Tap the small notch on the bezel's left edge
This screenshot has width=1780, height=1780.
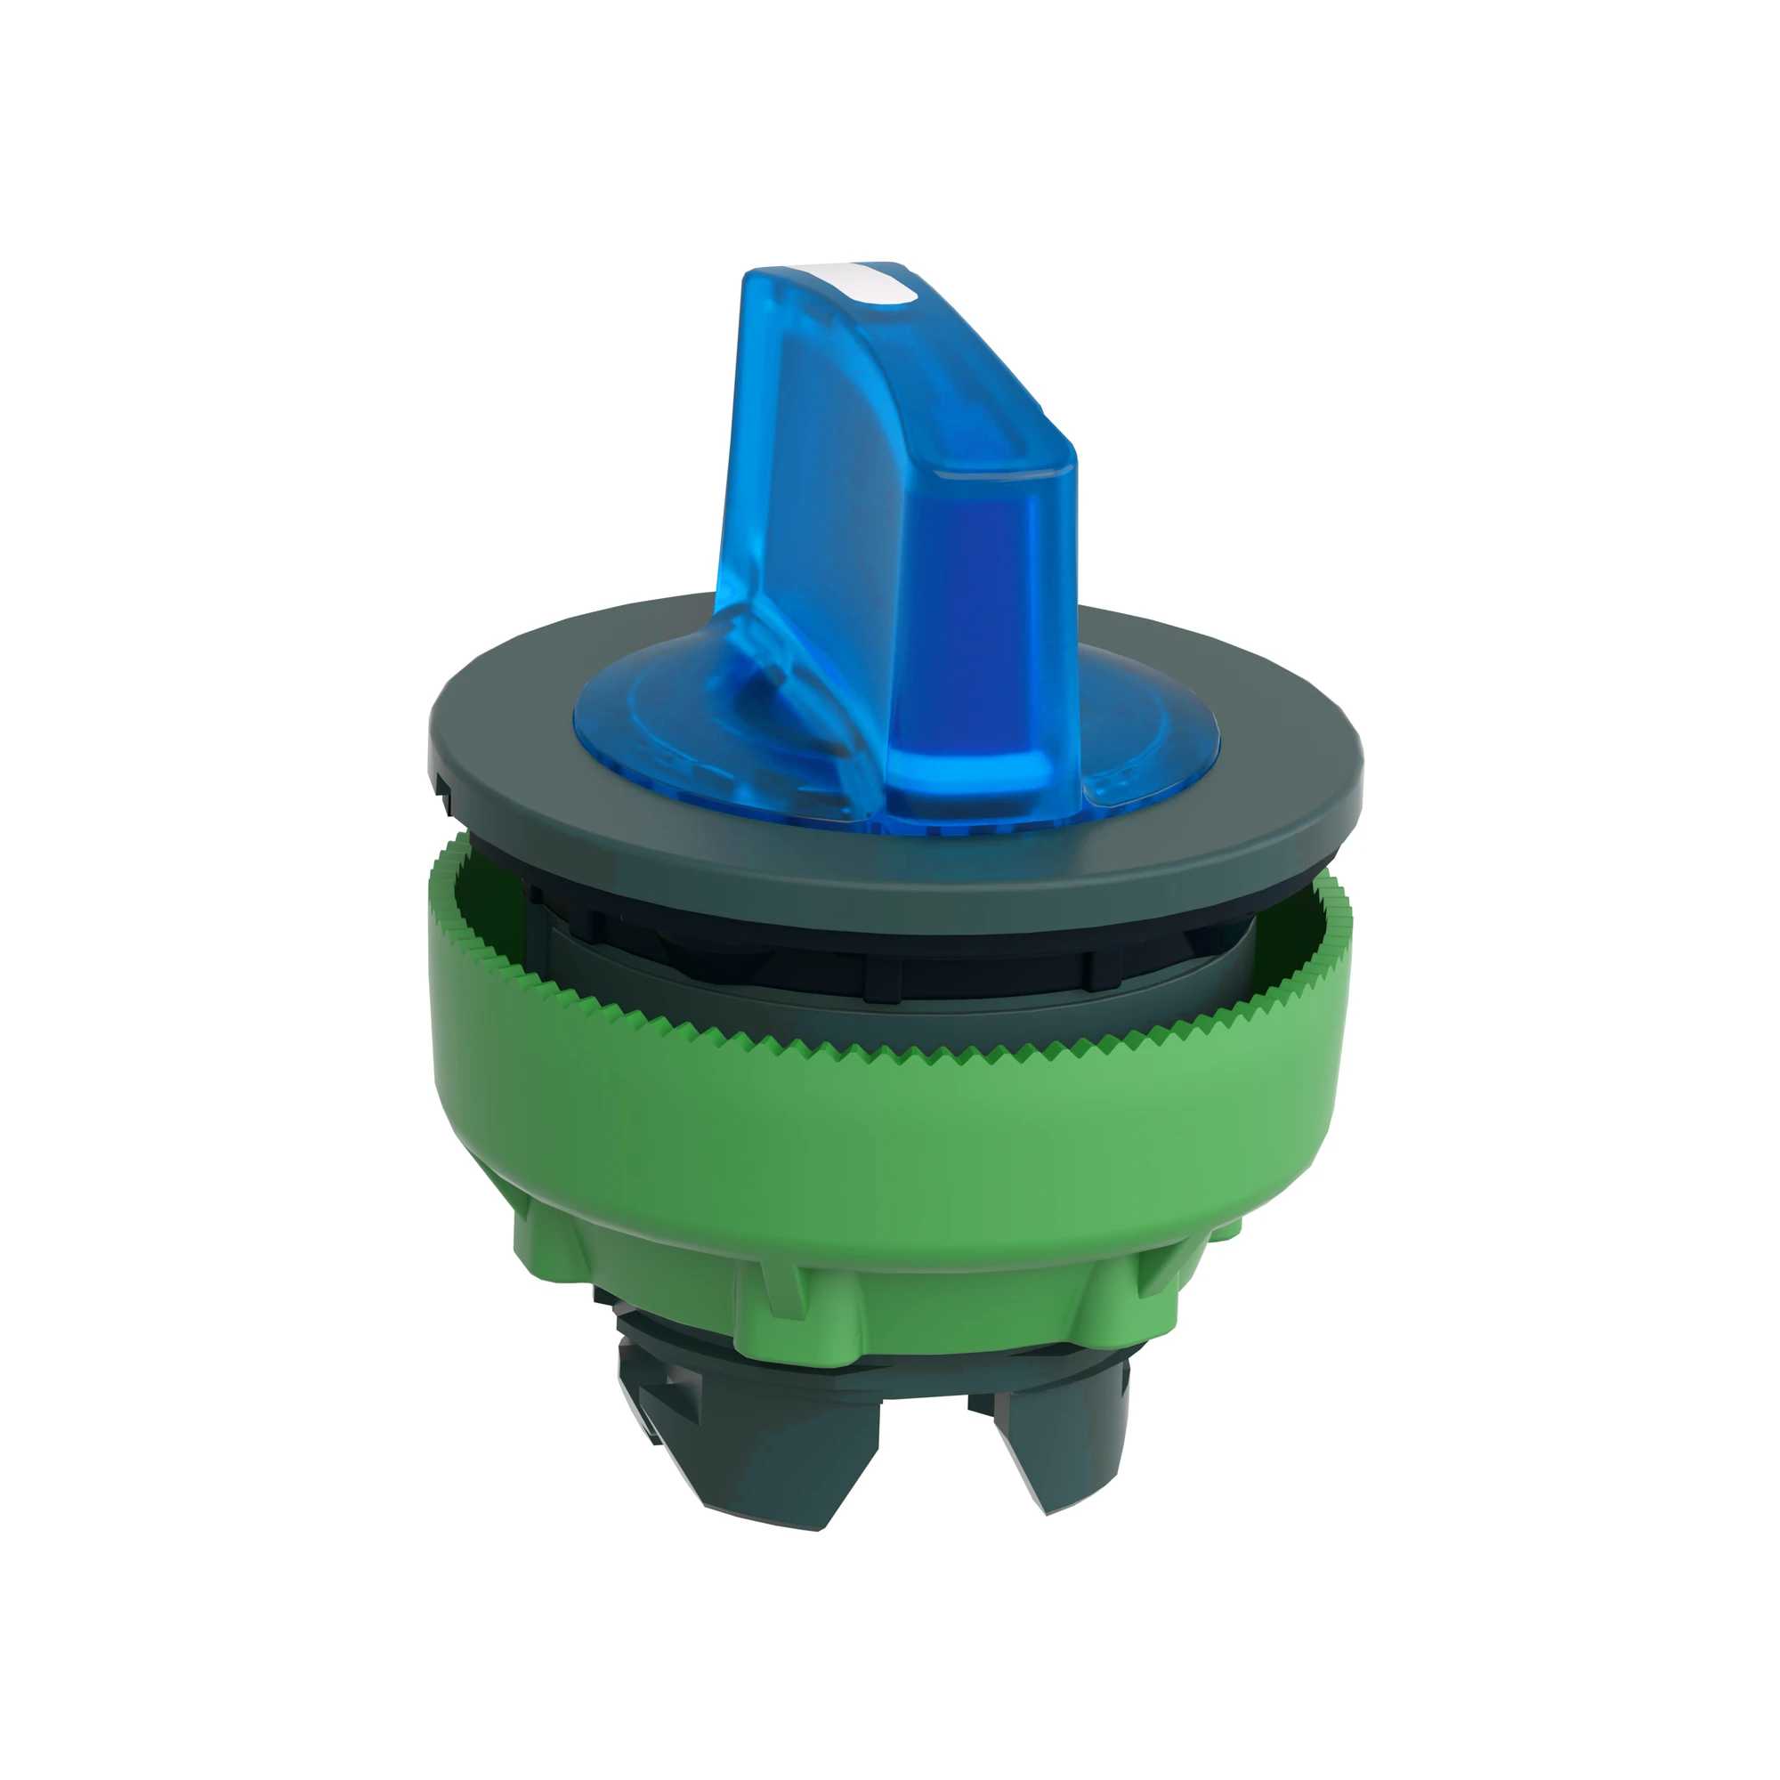(x=442, y=783)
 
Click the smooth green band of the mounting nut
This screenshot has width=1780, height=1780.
(x=885, y=1133)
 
